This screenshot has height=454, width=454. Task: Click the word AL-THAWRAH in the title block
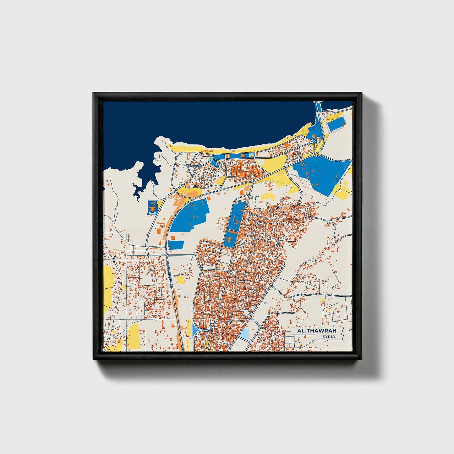click(312, 331)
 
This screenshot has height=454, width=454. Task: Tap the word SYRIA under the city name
click(328, 337)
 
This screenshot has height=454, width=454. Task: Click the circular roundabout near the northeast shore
click(314, 142)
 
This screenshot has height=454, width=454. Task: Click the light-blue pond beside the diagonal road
click(244, 334)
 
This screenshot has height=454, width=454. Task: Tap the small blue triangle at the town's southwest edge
click(194, 330)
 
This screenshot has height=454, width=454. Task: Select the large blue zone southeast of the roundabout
click(324, 173)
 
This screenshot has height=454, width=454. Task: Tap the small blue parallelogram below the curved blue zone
click(176, 245)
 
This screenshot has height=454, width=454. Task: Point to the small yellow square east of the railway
click(181, 280)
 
